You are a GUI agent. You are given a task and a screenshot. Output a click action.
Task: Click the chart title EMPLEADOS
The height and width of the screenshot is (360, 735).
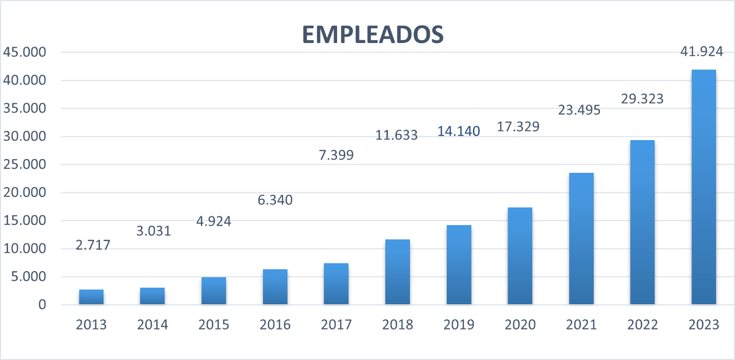pyautogui.click(x=373, y=34)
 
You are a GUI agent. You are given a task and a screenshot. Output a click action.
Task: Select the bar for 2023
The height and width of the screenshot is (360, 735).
pyautogui.click(x=703, y=187)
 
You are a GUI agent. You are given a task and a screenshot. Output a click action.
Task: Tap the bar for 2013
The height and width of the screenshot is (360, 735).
pyautogui.click(x=91, y=297)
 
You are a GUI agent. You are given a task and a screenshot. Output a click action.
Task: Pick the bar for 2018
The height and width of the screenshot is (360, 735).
pyautogui.click(x=397, y=272)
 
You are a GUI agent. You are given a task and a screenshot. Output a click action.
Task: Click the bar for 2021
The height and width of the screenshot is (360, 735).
pyautogui.click(x=581, y=239)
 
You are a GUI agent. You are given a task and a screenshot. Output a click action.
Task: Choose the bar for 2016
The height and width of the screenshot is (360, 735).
pyautogui.click(x=275, y=287)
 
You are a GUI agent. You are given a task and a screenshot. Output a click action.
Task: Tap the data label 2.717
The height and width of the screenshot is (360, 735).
pyautogui.click(x=92, y=245)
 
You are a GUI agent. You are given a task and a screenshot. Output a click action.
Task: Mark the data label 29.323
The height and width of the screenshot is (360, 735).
pyautogui.click(x=642, y=99)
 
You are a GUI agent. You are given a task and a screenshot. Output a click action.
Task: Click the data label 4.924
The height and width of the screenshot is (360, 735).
pyautogui.click(x=214, y=220)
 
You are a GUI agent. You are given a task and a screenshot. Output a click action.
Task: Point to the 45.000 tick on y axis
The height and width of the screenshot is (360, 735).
pyautogui.click(x=24, y=52)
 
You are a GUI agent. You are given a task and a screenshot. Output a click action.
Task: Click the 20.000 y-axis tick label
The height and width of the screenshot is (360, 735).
pyautogui.click(x=24, y=193)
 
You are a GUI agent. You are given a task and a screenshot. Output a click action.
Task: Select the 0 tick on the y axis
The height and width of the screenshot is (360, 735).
pyautogui.click(x=41, y=305)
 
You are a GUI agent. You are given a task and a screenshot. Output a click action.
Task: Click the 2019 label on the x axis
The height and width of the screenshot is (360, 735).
pyautogui.click(x=459, y=325)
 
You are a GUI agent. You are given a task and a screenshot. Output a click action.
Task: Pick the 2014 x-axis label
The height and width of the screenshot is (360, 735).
pyautogui.click(x=152, y=325)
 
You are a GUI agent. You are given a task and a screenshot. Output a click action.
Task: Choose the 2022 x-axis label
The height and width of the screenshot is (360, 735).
pyautogui.click(x=642, y=325)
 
